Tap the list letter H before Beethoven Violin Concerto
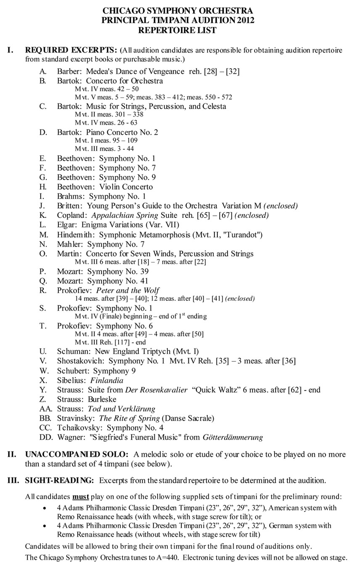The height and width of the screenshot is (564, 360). pyautogui.click(x=43, y=187)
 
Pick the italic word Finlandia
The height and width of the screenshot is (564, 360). pyautogui.click(x=107, y=380)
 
